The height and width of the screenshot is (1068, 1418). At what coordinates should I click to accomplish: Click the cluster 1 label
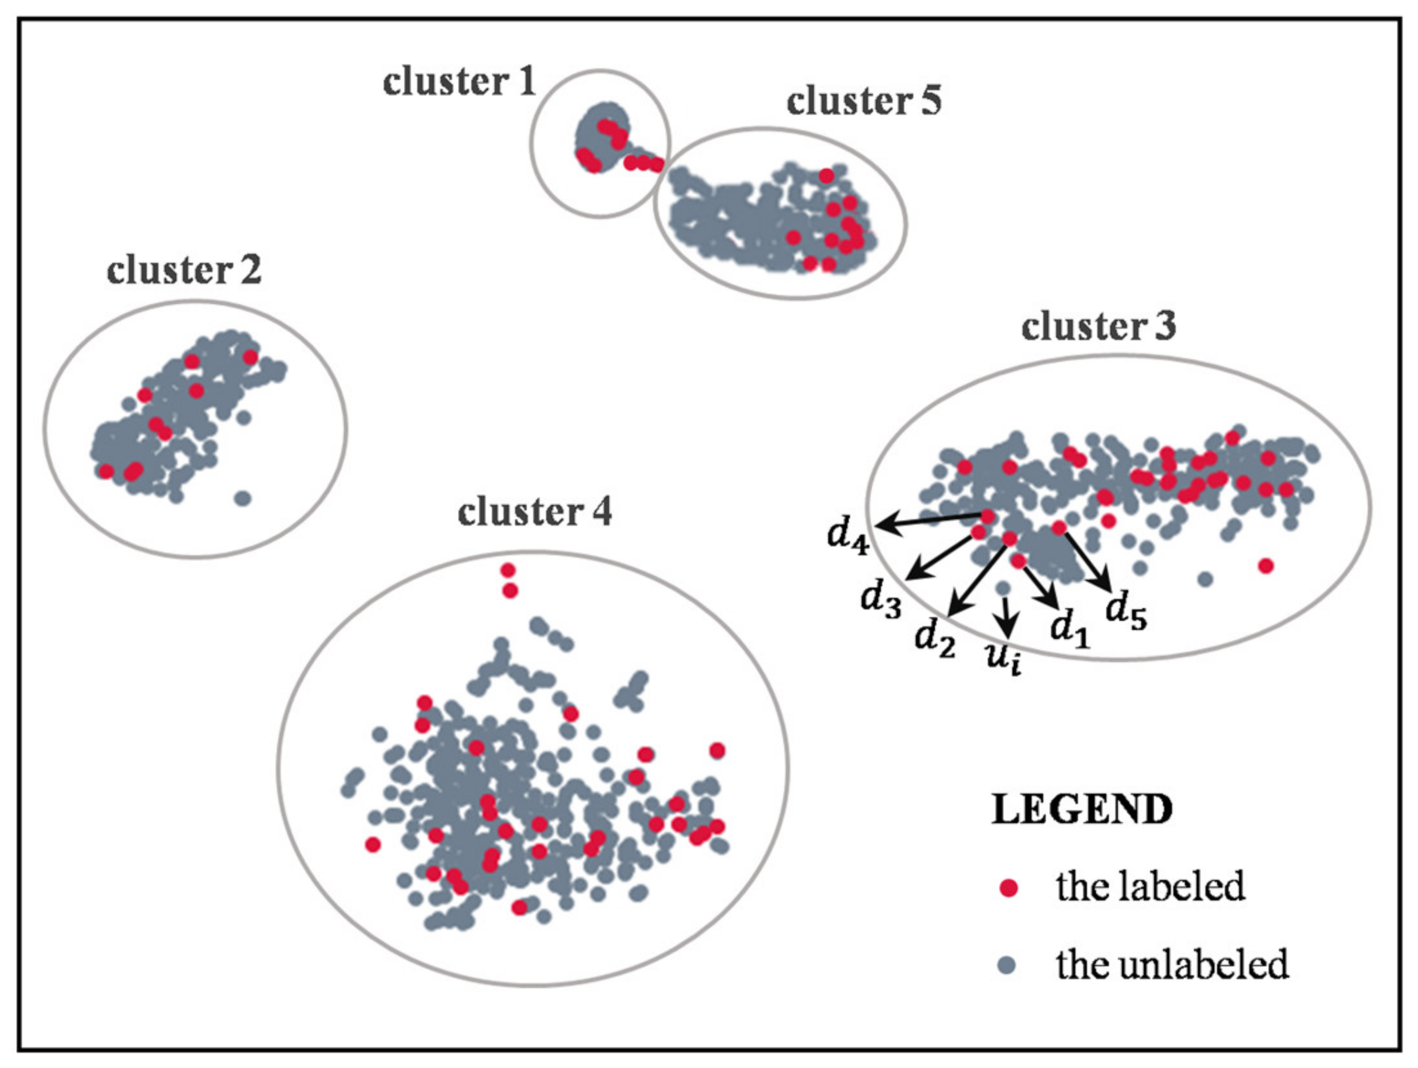[459, 82]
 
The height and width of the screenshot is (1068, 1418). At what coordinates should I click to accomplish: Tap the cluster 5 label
[864, 101]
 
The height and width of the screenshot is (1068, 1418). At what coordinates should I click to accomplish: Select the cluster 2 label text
[184, 271]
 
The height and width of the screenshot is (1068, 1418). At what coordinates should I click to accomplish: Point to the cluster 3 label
[1099, 327]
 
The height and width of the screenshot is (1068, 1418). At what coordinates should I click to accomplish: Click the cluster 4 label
[534, 513]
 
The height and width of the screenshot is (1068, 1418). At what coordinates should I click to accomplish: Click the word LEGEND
[1082, 810]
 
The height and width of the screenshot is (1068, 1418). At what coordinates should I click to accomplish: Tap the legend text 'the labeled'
[1150, 887]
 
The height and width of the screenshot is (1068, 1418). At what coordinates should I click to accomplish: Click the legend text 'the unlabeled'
[1172, 965]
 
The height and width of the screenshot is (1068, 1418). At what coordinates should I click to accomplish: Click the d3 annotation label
[881, 600]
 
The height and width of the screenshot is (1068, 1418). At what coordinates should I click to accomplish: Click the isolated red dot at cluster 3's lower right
[1265, 566]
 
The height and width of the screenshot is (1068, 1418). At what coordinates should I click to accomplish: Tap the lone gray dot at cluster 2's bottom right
[242, 498]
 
